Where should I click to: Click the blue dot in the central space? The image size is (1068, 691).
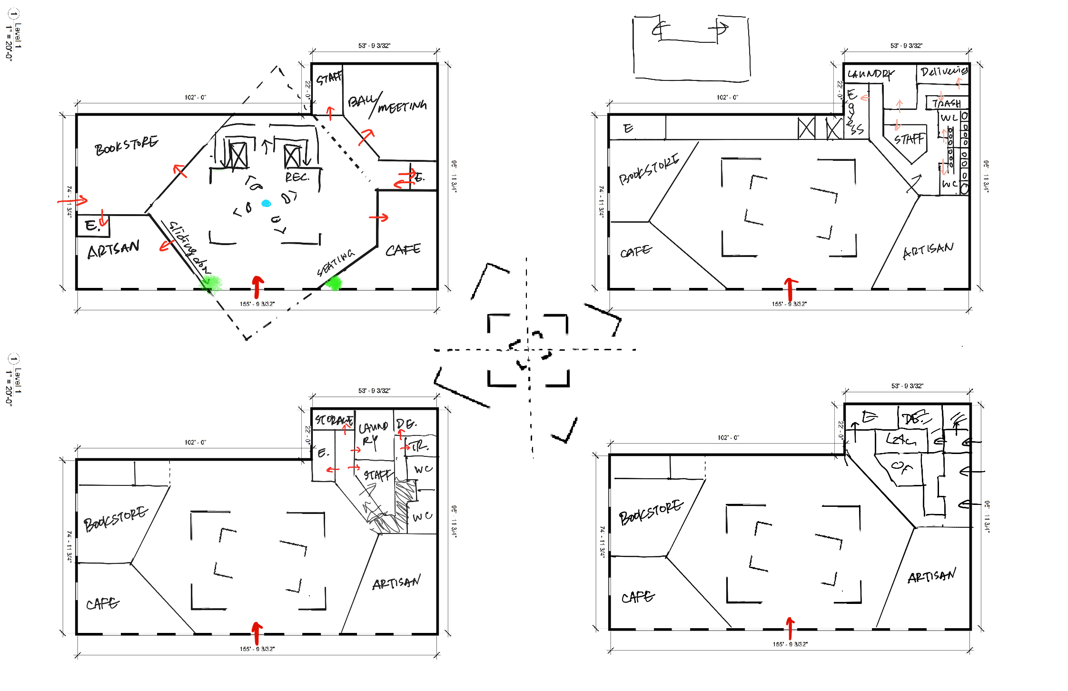[266, 204]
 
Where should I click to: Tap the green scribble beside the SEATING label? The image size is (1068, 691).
[334, 284]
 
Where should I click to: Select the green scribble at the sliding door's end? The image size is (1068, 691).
[210, 284]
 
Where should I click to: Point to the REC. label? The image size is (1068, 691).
[297, 177]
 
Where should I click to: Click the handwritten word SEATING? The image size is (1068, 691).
[336, 263]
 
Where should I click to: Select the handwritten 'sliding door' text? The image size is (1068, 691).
[189, 246]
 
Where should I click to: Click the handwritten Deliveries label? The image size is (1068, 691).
[943, 72]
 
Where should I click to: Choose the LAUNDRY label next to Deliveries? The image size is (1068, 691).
[870, 74]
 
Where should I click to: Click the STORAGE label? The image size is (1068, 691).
[334, 420]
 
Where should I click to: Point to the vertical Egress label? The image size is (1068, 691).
[854, 112]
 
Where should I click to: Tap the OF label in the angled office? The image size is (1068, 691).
[901, 467]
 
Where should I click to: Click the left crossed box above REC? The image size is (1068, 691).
[237, 155]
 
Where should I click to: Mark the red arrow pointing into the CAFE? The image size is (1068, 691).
[379, 218]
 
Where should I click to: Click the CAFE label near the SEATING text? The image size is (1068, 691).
[403, 250]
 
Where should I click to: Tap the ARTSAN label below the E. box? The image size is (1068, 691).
[113, 249]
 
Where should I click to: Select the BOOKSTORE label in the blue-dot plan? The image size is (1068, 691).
[126, 146]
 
